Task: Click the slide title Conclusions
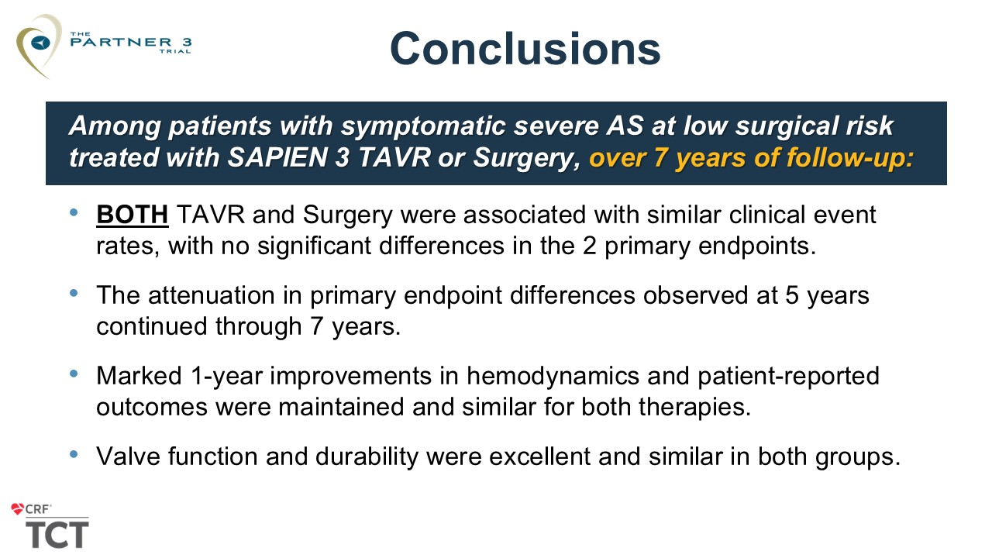tap(525, 48)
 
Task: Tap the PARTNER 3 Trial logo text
tap(131, 43)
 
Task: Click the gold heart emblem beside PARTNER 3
tap(38, 46)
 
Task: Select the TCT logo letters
tap(57, 535)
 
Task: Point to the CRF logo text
tap(38, 509)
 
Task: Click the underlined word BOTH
tap(133, 215)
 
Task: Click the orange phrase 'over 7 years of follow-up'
tap(751, 158)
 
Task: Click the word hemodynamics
tap(553, 376)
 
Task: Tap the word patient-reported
tap(788, 376)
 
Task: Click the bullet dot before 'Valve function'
tap(74, 454)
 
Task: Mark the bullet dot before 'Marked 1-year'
tap(74, 374)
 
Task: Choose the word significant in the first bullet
tap(314, 246)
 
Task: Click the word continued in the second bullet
tap(151, 326)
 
